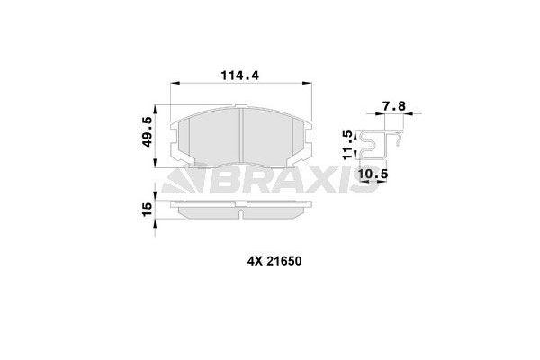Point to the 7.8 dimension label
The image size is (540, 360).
[394, 106]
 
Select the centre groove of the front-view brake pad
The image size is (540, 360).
[244, 135]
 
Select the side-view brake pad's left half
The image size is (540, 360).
[207, 211]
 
